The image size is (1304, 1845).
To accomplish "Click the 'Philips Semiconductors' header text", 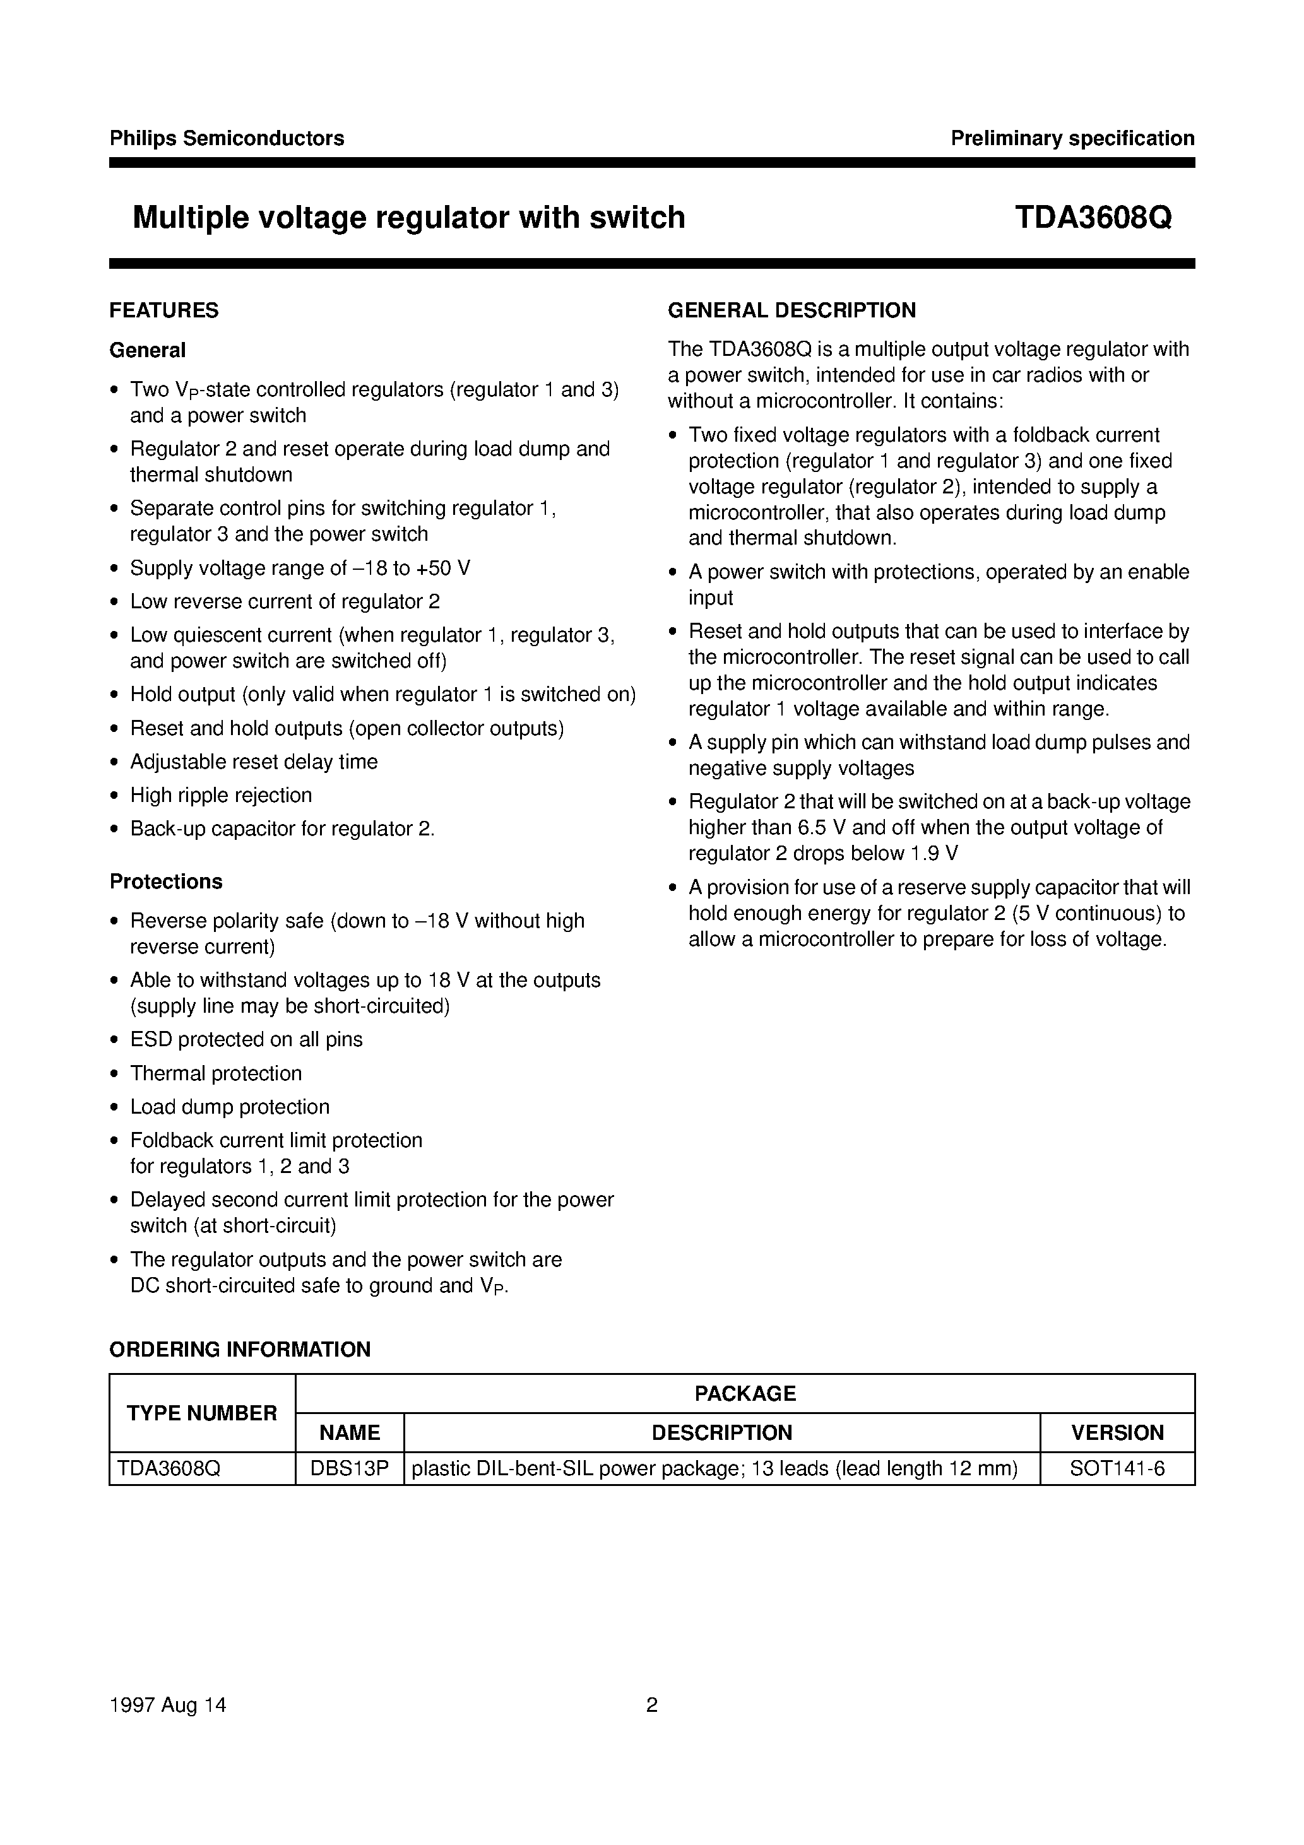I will [x=227, y=138].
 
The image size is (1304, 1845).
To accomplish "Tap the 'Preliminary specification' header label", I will [x=1072, y=138].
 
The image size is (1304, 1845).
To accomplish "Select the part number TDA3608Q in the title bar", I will [x=1093, y=218].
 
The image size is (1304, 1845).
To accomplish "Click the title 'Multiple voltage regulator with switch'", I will [x=408, y=218].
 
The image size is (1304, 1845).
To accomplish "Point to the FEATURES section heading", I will [x=164, y=310].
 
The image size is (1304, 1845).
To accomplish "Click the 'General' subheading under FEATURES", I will [x=147, y=350].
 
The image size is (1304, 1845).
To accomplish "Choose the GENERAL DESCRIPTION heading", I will [x=791, y=310].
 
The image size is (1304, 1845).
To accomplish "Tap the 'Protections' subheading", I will [x=165, y=881].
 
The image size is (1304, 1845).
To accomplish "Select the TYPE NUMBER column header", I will [x=202, y=1413].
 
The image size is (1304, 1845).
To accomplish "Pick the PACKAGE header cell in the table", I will [x=744, y=1393].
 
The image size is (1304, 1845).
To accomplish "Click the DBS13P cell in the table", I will [x=350, y=1468].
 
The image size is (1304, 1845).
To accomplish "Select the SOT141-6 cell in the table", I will [x=1117, y=1468].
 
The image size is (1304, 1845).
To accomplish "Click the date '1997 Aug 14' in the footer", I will [x=167, y=1704].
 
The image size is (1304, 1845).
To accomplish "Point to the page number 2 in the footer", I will [x=652, y=1704].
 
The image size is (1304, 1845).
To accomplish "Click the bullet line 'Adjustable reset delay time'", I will [x=253, y=762].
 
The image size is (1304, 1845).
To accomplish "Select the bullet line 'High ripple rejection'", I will [x=220, y=796].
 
